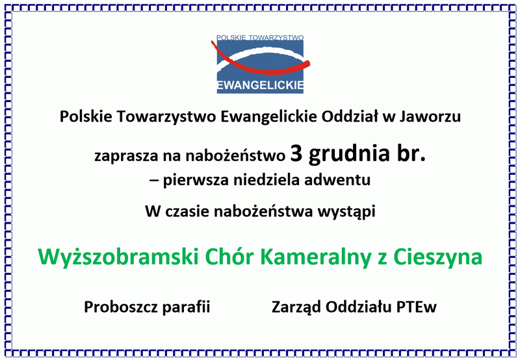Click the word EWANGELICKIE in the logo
tap(261, 86)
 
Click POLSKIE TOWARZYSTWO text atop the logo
tap(260, 38)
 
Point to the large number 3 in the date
tap(296, 153)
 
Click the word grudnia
tap(349, 155)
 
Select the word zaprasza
tap(126, 157)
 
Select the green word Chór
tap(229, 257)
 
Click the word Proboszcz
tap(121, 307)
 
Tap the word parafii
tap(187, 307)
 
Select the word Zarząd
tap(296, 307)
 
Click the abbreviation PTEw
tap(417, 307)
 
